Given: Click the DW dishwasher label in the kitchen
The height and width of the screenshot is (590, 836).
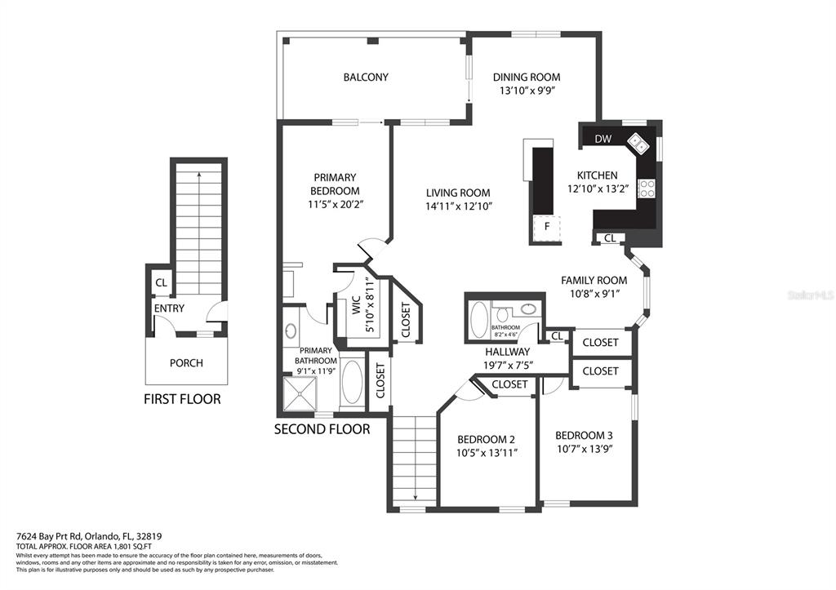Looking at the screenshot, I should click(603, 139).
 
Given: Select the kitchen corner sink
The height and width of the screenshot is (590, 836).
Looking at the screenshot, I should click(638, 145).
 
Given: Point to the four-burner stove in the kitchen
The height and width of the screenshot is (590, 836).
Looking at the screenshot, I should click(647, 189).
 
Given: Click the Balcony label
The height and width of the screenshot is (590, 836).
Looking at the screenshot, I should click(365, 78).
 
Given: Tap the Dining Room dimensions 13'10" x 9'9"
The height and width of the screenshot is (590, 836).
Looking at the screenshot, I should click(527, 91).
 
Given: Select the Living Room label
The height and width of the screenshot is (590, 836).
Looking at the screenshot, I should click(458, 193).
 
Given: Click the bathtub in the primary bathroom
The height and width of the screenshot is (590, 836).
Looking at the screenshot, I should click(353, 382).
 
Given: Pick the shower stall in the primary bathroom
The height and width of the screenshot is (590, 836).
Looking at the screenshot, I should click(303, 395).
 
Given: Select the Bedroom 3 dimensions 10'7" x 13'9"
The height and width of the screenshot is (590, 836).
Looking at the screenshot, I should click(584, 449).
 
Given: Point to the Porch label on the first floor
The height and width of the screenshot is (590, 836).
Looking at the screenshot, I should click(186, 363).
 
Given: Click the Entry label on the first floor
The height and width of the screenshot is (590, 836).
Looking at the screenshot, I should click(169, 308).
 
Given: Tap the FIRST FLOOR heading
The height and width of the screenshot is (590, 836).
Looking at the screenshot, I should click(182, 399).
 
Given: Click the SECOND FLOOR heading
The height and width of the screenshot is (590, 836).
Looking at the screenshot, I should click(322, 428).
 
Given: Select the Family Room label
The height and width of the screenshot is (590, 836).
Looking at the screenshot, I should click(594, 280).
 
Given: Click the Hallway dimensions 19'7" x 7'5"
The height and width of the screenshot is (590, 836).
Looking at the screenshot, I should click(509, 365).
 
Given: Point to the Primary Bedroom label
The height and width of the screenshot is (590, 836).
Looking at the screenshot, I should click(335, 184).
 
